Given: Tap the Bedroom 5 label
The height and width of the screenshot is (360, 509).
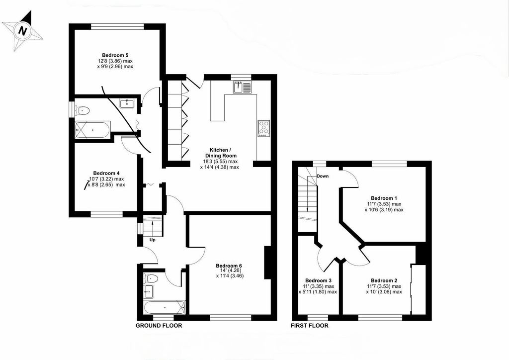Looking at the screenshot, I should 115,55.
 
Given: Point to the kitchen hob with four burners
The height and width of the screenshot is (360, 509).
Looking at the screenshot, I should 263,128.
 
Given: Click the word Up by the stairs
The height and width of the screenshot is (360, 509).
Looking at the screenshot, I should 153,240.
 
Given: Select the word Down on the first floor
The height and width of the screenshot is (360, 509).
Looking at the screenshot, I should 323,176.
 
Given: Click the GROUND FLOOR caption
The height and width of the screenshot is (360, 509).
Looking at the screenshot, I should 159,326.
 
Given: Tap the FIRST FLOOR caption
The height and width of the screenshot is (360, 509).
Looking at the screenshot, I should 309,326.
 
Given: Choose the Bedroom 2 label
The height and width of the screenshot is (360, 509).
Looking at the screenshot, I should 383,280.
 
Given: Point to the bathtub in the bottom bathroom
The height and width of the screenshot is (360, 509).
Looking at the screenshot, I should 164,307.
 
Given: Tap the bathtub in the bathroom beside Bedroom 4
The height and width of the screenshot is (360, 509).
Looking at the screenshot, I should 92,131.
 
